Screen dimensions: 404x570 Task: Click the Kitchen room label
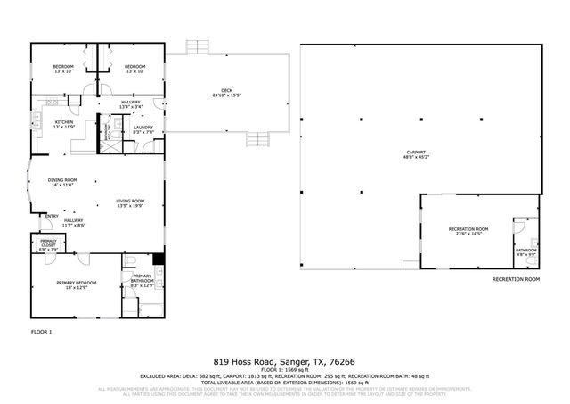tap(63, 122)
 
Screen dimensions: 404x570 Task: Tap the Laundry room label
tap(143, 128)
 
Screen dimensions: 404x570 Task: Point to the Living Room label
tap(130, 202)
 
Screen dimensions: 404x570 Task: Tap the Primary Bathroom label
tap(143, 277)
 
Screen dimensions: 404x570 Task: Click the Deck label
tap(227, 90)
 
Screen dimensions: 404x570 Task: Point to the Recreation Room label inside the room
tap(468, 229)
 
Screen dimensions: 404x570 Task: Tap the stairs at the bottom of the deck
tap(258, 138)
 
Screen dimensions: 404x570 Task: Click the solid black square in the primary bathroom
tap(158, 260)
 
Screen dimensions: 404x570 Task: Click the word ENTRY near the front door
tap(52, 216)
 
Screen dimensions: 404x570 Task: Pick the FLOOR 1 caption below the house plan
tap(41, 332)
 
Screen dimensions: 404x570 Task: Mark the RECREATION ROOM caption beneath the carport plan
tap(516, 279)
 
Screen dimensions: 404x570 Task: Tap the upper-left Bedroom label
tap(62, 67)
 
